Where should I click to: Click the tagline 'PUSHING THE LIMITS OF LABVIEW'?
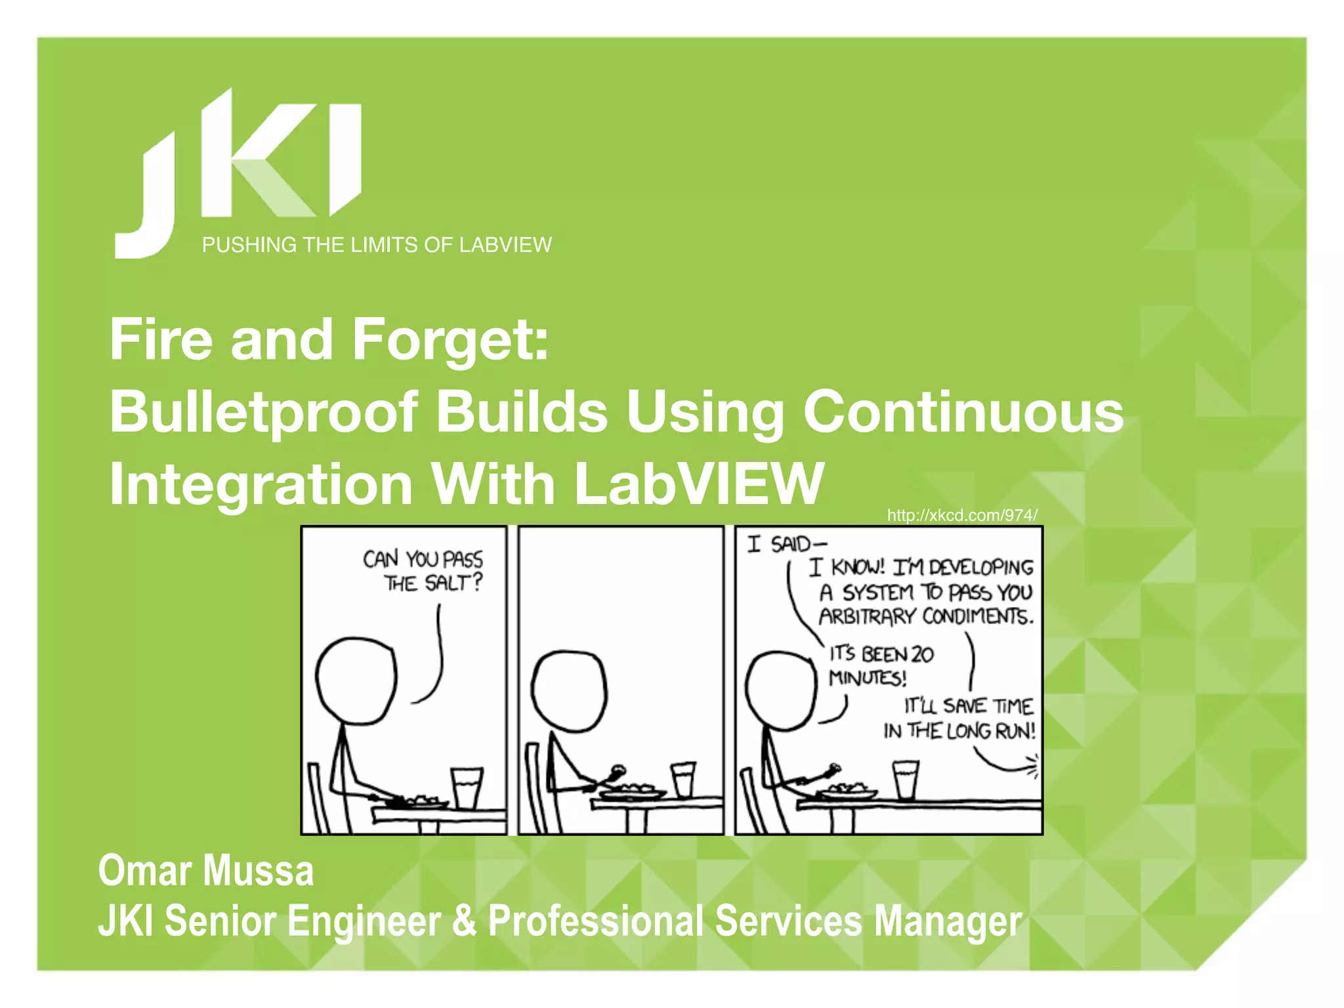(x=377, y=245)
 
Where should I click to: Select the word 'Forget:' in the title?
(x=450, y=340)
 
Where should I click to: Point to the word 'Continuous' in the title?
(x=963, y=412)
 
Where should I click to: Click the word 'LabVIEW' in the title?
(x=698, y=484)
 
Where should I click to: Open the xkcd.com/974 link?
(x=962, y=515)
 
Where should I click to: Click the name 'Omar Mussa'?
(x=206, y=871)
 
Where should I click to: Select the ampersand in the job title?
(x=464, y=920)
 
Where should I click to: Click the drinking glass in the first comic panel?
(x=467, y=787)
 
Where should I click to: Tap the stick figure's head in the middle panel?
(x=569, y=690)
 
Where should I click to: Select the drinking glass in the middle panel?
(x=683, y=779)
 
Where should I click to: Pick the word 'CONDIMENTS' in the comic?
(x=977, y=617)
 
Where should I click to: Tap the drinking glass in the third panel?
(x=906, y=779)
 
